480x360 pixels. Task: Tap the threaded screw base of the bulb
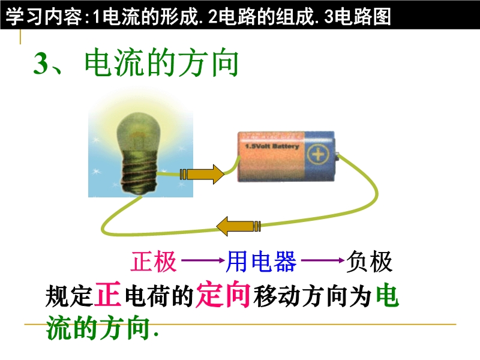point(140,178)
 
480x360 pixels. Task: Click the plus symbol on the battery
point(318,154)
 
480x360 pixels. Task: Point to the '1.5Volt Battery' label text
point(272,146)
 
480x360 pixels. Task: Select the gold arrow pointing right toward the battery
point(202,175)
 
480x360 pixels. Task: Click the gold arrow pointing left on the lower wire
point(238,227)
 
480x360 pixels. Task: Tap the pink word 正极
point(154,262)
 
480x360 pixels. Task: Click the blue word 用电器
point(262,262)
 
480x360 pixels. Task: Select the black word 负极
point(369,262)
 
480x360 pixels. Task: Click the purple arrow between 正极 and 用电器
point(203,261)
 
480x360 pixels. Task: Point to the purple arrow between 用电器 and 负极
point(323,261)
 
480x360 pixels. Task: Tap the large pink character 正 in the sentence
point(108,295)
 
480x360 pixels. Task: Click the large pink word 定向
point(223,295)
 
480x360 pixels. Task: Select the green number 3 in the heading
point(41,63)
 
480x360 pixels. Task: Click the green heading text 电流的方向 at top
point(161,62)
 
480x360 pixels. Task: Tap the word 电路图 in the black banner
point(363,16)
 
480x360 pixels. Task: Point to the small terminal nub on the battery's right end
point(337,157)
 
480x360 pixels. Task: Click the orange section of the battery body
point(271,157)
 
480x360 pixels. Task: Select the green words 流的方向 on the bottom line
point(98,328)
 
